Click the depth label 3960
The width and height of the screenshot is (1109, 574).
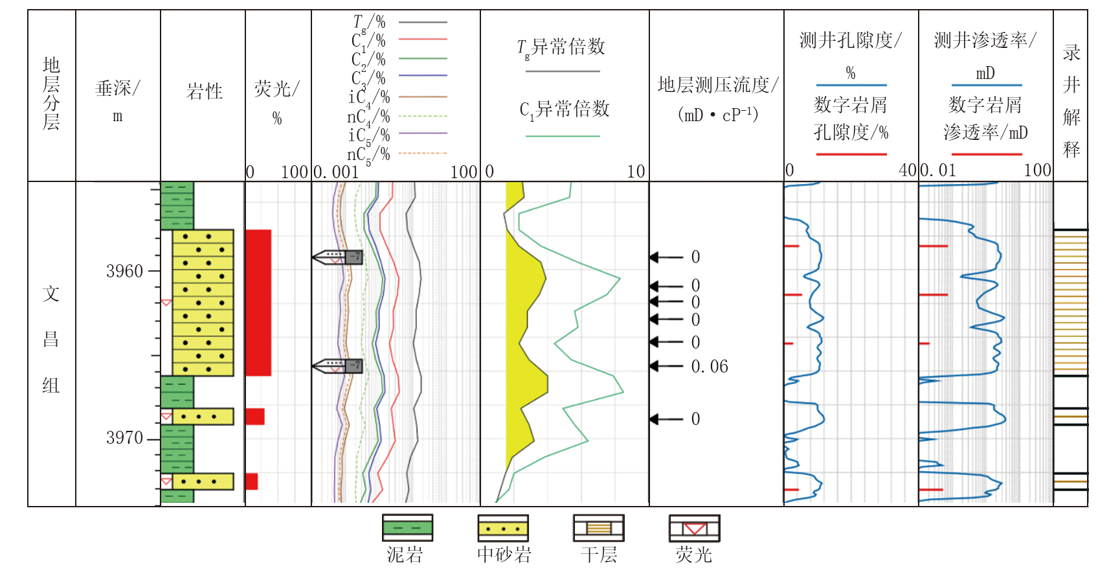click(124, 271)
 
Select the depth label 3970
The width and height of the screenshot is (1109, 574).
click(124, 438)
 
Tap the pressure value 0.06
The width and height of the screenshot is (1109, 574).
click(710, 367)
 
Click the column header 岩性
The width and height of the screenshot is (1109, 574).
click(205, 91)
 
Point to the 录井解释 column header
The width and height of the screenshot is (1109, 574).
click(1071, 100)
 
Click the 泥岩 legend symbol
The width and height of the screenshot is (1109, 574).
click(407, 528)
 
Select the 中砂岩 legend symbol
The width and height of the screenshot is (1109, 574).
click(503, 528)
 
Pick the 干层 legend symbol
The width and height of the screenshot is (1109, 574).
click(599, 528)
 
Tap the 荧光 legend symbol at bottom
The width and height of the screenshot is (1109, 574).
click(694, 528)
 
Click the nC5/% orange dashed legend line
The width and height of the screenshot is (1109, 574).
click(423, 154)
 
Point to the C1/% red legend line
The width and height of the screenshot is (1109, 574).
click(423, 39)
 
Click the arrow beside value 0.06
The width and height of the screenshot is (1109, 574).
click(666, 367)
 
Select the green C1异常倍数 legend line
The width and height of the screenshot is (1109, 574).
click(563, 136)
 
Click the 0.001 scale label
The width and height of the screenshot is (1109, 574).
click(335, 172)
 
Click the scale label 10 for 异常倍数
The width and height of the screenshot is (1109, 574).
click(636, 172)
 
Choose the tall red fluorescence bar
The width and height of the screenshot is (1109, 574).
click(258, 303)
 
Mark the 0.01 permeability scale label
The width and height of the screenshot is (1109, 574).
click(938, 170)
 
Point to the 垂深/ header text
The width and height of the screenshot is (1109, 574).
click(118, 88)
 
